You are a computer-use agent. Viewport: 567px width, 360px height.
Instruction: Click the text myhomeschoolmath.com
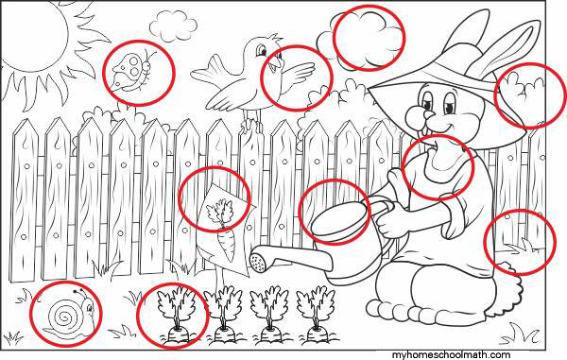pos(451,355)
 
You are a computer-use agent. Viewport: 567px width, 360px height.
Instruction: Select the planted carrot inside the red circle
pos(176,315)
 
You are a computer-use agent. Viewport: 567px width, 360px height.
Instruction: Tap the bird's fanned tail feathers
pos(208,73)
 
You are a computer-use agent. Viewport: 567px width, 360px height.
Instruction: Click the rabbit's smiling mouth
pos(440,134)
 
